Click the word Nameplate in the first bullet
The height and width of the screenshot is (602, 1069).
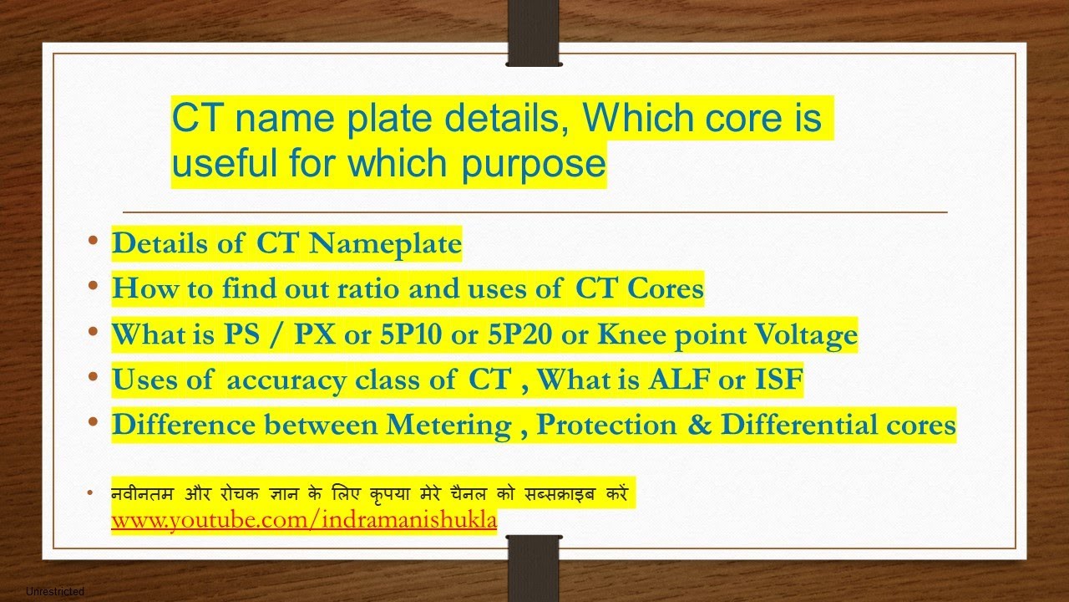click(385, 243)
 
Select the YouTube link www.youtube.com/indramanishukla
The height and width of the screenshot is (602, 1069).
click(304, 520)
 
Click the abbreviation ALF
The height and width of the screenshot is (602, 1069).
click(692, 380)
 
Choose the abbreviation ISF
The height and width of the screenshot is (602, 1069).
click(778, 380)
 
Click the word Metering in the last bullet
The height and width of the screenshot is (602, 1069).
click(448, 425)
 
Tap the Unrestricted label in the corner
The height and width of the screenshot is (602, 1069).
click(55, 592)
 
